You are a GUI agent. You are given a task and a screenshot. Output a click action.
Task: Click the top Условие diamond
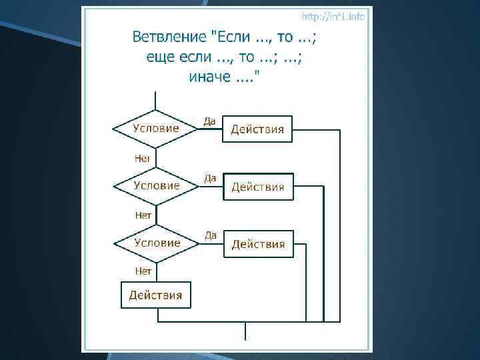pyautogui.click(x=155, y=129)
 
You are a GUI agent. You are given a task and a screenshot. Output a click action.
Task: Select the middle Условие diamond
pyautogui.click(x=156, y=186)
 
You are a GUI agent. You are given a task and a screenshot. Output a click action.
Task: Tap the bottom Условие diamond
pyautogui.click(x=156, y=243)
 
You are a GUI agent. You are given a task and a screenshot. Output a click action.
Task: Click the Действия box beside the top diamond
pyautogui.click(x=257, y=129)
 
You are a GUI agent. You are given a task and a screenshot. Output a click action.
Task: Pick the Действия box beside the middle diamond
pyautogui.click(x=257, y=187)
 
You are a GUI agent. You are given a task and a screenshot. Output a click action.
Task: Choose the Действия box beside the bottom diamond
pyautogui.click(x=257, y=244)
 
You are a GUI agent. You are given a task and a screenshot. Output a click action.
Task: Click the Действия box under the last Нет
pyautogui.click(x=155, y=295)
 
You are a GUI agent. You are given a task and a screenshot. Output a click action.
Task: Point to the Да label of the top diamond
pyautogui.click(x=209, y=121)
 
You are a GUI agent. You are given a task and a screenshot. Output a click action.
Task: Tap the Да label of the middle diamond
pyautogui.click(x=210, y=178)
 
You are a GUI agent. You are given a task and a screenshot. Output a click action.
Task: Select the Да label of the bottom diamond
pyautogui.click(x=211, y=235)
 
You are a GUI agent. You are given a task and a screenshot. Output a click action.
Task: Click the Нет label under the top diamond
pyautogui.click(x=143, y=159)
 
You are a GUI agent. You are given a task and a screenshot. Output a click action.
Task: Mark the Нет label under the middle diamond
pyautogui.click(x=143, y=215)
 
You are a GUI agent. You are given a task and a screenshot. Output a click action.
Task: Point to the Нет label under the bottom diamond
pyautogui.click(x=143, y=271)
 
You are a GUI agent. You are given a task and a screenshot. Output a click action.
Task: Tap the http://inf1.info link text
pyautogui.click(x=333, y=16)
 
